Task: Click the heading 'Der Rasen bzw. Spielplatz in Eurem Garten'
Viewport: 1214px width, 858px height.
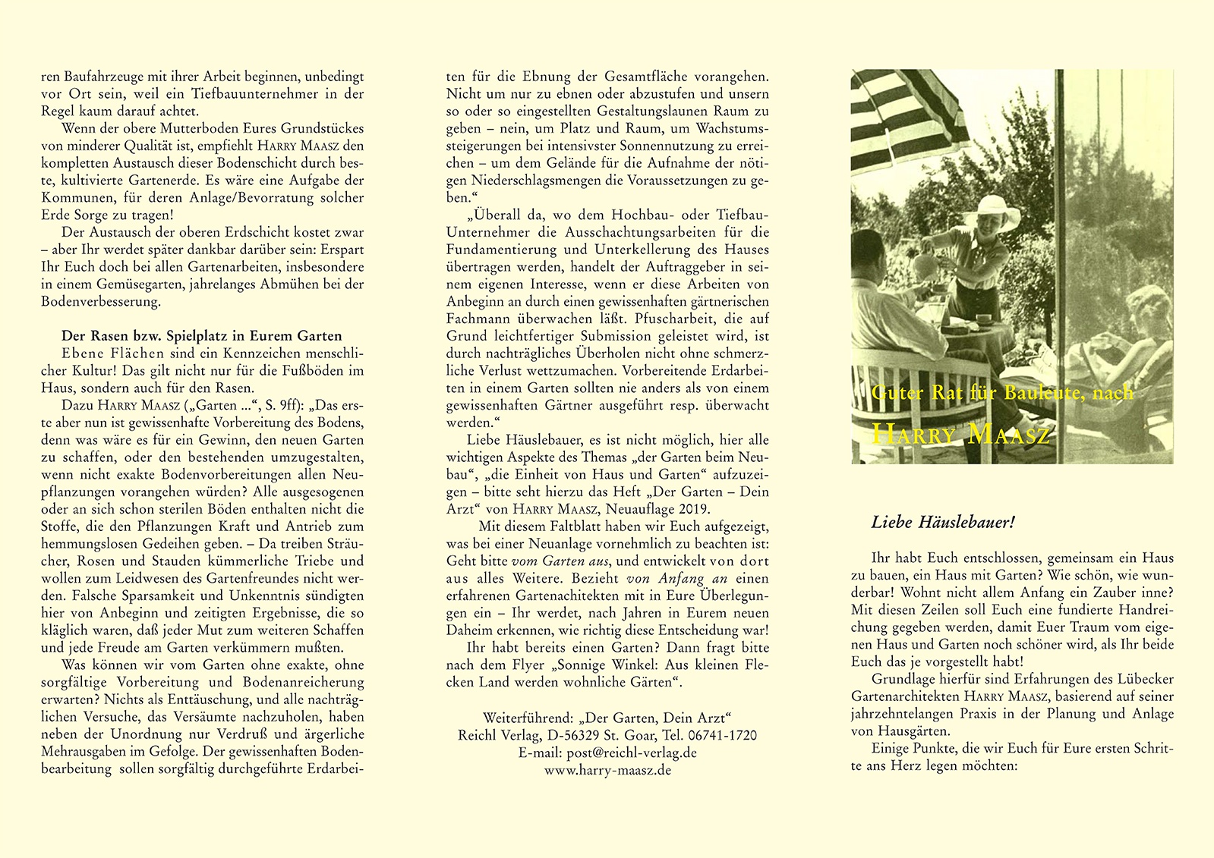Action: coord(201,336)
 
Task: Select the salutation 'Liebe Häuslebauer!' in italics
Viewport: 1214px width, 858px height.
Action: coord(943,523)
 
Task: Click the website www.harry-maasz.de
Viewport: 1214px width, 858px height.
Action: coord(607,770)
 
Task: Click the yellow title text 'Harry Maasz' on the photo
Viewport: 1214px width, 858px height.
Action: coord(960,434)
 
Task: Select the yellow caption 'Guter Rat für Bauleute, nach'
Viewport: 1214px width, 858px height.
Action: coord(1002,392)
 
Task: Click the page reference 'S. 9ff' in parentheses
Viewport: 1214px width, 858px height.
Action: coord(282,405)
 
